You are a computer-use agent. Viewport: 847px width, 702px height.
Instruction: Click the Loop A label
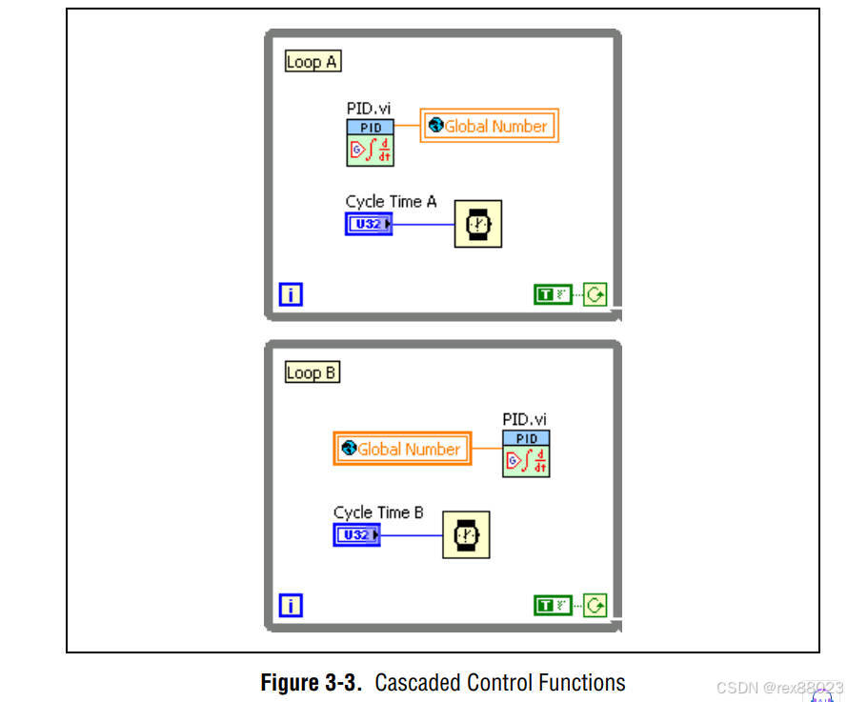(x=313, y=62)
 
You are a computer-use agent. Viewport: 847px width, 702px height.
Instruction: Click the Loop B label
(x=313, y=372)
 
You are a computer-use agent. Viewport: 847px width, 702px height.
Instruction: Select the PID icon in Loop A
(x=370, y=143)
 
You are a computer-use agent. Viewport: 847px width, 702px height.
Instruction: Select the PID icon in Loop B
(x=527, y=454)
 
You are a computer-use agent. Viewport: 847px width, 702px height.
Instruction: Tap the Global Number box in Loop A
(x=489, y=126)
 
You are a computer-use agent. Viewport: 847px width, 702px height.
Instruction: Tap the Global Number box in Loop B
(x=402, y=449)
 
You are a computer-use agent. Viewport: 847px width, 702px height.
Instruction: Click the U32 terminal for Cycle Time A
(x=369, y=224)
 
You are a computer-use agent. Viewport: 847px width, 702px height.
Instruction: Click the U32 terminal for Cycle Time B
(x=356, y=535)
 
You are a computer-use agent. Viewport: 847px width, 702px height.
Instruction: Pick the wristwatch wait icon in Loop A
(x=478, y=224)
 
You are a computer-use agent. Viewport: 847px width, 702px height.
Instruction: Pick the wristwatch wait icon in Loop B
(x=466, y=535)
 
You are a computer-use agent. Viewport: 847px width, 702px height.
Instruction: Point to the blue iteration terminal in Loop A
(x=291, y=294)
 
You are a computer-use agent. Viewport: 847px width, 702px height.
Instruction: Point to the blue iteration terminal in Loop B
(x=291, y=605)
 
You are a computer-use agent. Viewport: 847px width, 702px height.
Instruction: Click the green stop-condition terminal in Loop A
(x=595, y=294)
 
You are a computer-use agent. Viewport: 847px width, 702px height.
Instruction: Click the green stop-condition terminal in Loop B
(x=595, y=605)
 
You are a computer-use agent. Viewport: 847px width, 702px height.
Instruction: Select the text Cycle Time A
(x=391, y=202)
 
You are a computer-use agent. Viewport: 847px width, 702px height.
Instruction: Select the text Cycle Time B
(x=378, y=512)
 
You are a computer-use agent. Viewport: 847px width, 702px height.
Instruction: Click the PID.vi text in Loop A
(x=369, y=109)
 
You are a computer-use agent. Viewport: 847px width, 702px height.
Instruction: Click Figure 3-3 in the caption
(x=312, y=683)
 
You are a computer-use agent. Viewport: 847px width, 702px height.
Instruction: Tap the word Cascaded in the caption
(x=418, y=683)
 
